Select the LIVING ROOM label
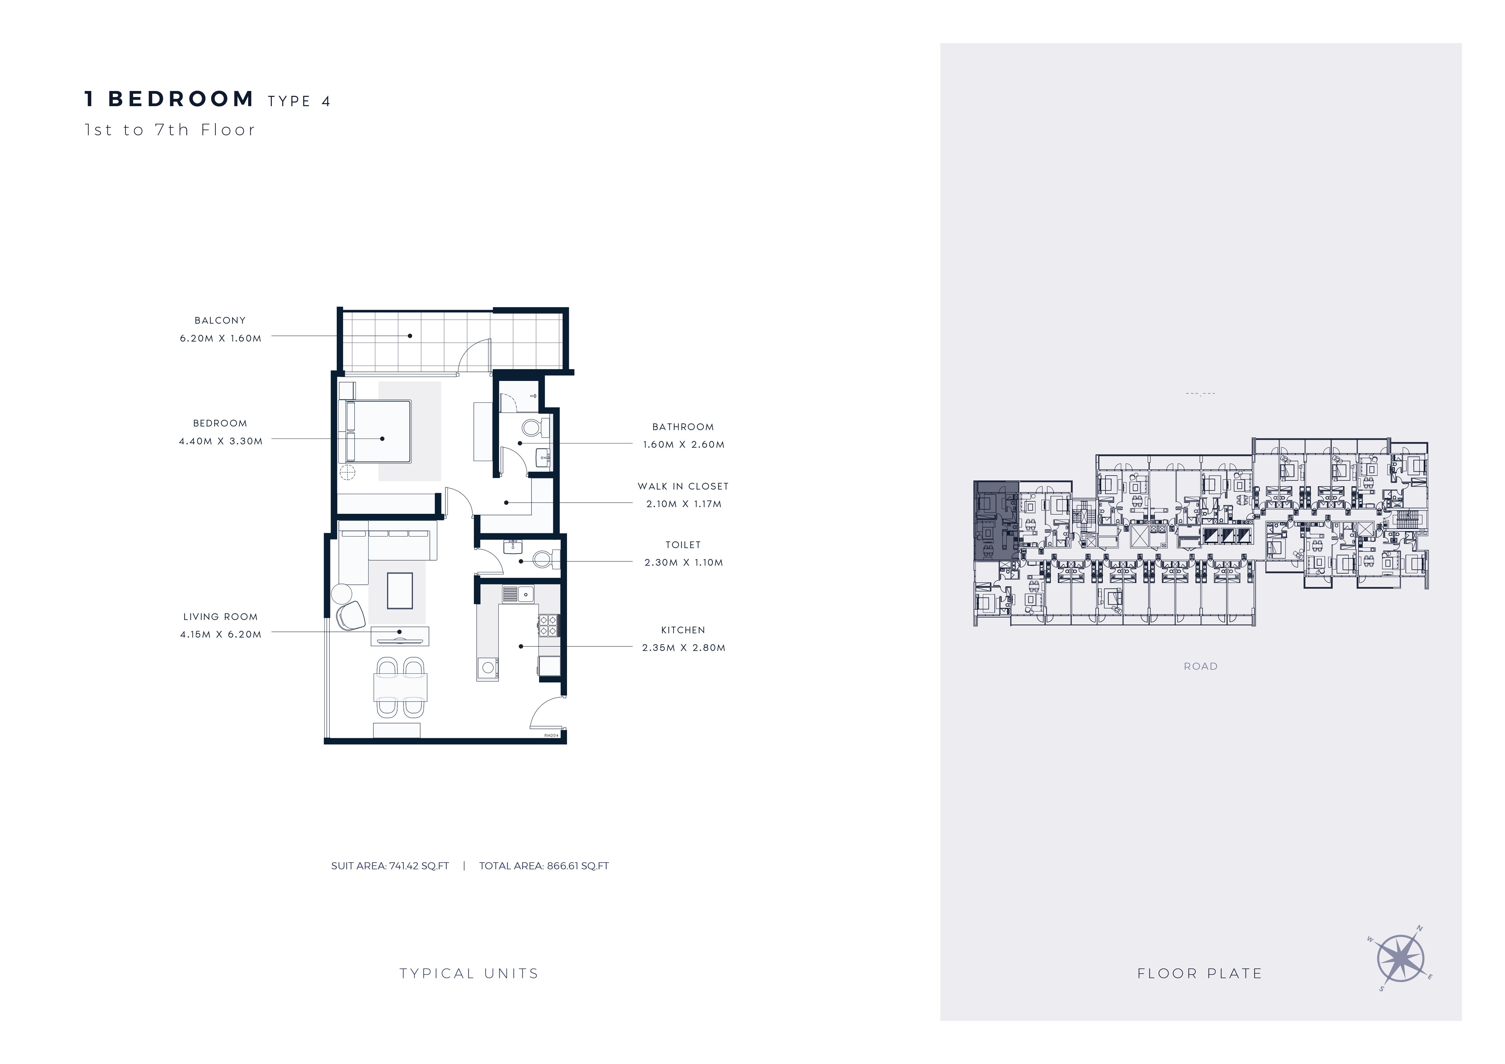point(220,617)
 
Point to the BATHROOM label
point(683,426)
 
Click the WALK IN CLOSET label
point(683,486)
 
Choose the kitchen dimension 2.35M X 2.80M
point(684,648)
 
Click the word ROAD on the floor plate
point(1201,666)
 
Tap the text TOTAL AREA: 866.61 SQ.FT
point(544,866)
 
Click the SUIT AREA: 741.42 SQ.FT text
point(390,866)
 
